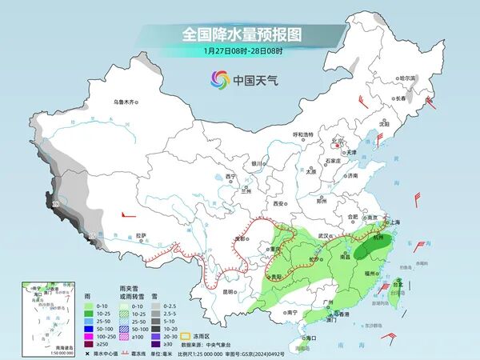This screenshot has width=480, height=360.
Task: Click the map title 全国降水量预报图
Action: [240, 34]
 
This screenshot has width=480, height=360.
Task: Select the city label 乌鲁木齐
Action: [125, 102]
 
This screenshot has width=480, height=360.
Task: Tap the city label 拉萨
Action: [142, 235]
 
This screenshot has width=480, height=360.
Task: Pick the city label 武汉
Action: [323, 236]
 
